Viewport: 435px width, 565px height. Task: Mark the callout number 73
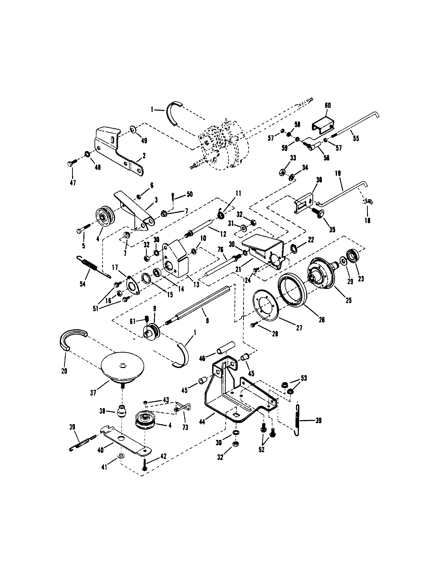point(185,428)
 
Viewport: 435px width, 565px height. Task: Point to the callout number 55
point(356,138)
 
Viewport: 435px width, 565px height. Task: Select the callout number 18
point(367,220)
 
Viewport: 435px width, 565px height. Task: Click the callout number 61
point(133,321)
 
